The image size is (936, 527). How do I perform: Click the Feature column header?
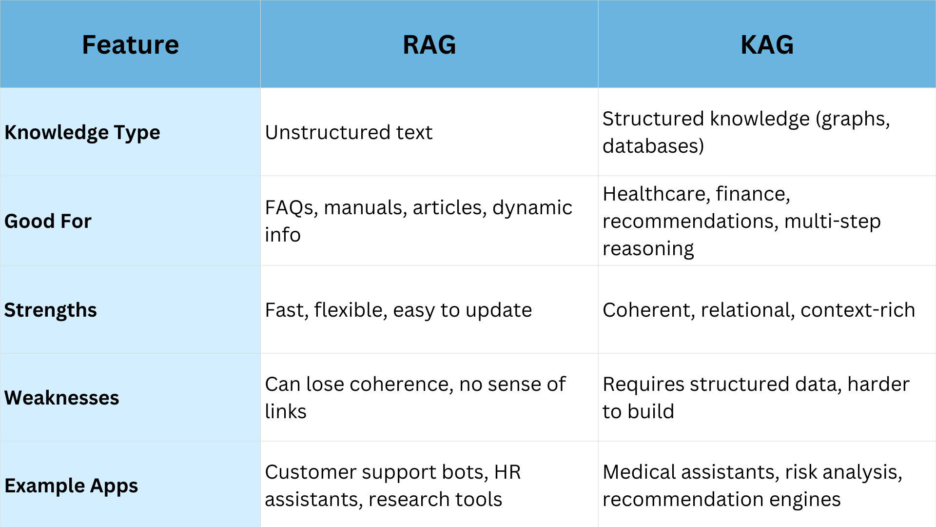130,45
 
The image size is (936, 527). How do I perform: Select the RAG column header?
429,45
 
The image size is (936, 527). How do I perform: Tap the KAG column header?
767,45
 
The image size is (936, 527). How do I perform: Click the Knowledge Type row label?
82,133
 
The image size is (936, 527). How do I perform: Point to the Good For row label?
48,221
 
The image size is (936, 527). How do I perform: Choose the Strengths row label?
51,310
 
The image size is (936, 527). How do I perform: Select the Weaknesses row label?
61,398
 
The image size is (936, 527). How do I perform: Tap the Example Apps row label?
71,486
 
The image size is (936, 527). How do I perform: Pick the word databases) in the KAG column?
653,146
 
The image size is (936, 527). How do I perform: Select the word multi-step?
833,222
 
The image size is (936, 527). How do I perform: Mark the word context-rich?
858,310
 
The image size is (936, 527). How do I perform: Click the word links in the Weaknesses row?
286,411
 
